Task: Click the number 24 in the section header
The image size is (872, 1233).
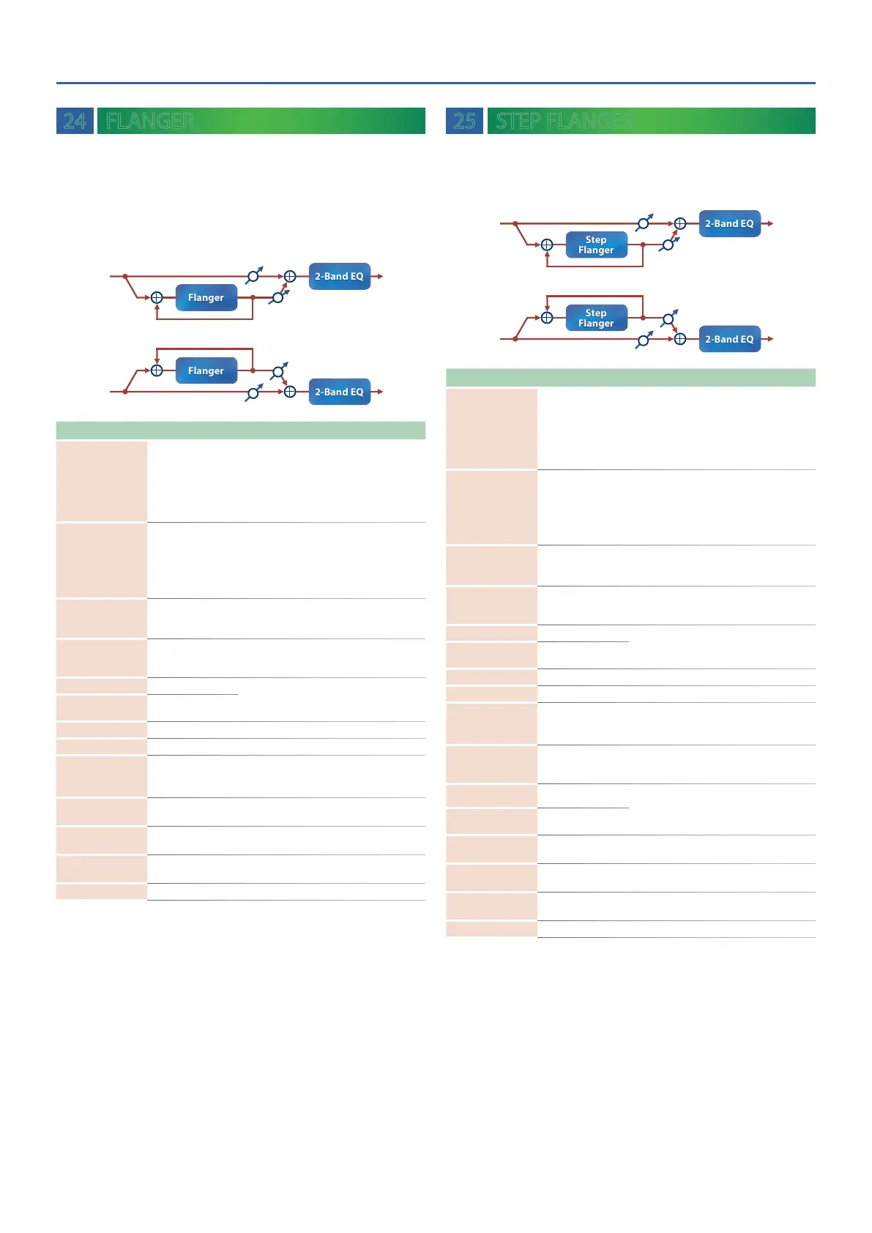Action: (75, 121)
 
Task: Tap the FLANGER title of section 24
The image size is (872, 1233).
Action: (149, 121)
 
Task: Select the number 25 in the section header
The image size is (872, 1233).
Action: (464, 121)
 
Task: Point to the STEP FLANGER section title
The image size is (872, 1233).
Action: (564, 121)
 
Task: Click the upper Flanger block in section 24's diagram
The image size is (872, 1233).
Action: (206, 298)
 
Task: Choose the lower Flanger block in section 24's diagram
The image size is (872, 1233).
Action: (206, 371)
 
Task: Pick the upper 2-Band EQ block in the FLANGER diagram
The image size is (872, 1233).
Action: (339, 277)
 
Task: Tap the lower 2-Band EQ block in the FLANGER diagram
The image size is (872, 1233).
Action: (339, 392)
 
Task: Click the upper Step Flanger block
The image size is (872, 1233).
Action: (596, 245)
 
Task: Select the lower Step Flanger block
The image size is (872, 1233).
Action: (596, 319)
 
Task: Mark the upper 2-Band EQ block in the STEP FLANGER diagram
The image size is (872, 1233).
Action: (729, 224)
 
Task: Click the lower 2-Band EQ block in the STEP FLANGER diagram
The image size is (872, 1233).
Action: (729, 340)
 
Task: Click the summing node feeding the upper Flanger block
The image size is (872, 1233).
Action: (157, 298)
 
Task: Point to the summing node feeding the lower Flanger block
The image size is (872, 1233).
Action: (157, 371)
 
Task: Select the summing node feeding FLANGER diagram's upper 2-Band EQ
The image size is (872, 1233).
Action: (290, 277)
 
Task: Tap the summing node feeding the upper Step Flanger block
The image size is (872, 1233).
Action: (547, 245)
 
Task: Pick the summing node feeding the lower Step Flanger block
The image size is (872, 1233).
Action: (547, 318)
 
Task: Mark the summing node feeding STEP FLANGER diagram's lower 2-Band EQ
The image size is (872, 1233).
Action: (680, 339)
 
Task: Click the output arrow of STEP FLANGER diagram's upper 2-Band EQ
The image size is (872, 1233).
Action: (768, 224)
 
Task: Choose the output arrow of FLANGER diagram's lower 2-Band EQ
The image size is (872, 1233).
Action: (378, 392)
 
